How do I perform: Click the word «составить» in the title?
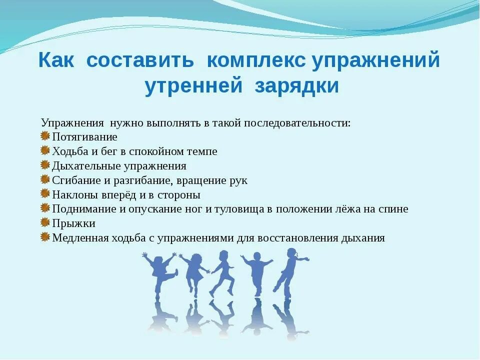[140, 61]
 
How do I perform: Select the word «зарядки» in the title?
[297, 86]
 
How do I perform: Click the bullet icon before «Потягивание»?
[45, 136]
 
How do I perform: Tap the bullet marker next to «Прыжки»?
[45, 223]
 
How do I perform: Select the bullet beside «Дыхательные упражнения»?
[45, 165]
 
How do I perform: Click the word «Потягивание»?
[84, 137]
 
